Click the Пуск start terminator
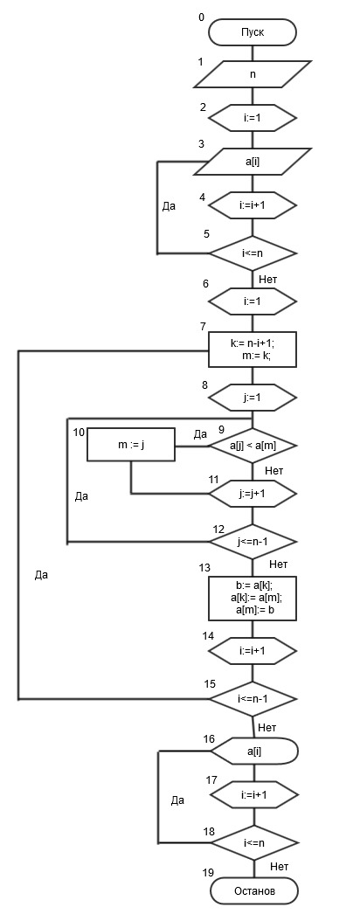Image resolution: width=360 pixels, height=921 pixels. point(253,32)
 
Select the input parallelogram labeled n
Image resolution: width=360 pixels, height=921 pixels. point(253,74)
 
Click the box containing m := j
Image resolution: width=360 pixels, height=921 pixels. point(131,445)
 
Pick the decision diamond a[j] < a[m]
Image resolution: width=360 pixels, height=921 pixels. point(253,446)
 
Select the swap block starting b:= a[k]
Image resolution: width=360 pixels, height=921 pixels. point(253,598)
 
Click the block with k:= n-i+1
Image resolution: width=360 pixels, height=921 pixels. point(253,350)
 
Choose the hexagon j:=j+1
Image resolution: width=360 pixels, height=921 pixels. point(253,494)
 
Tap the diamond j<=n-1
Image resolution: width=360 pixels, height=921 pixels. point(253,540)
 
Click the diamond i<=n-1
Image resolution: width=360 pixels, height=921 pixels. point(253,699)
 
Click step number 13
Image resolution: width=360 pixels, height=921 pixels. point(204,568)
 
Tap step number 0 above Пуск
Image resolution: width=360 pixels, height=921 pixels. point(202,17)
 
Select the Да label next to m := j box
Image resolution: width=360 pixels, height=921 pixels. point(200,434)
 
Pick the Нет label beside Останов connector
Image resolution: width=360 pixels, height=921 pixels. point(280,866)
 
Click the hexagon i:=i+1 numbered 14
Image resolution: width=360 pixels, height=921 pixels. point(253,651)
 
